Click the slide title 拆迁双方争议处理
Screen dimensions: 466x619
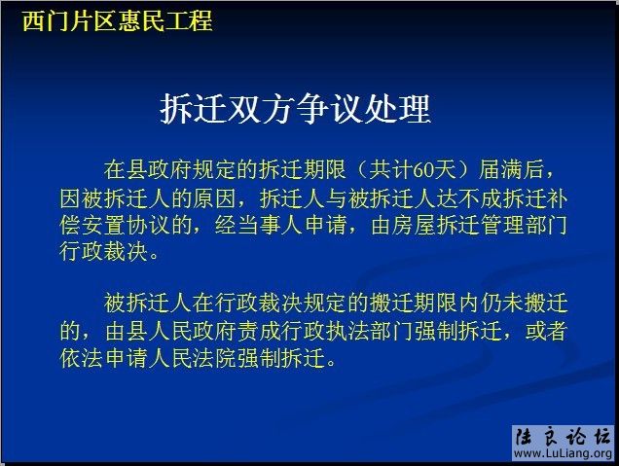pyautogui.click(x=295, y=109)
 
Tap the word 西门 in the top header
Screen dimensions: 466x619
pyautogui.click(x=45, y=20)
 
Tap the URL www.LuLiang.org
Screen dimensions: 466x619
pyautogui.click(x=563, y=454)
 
